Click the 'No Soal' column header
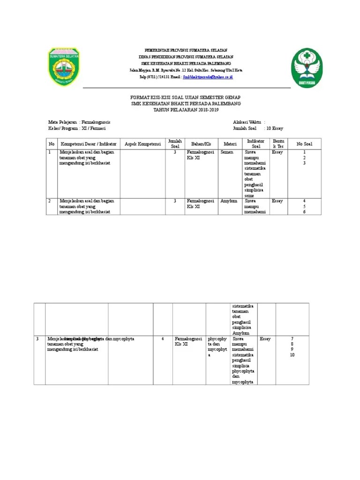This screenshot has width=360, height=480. (x=304, y=144)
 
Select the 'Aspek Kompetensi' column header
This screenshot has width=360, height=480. (x=142, y=144)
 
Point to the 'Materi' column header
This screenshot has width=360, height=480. (x=230, y=144)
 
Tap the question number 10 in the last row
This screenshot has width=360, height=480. (x=292, y=355)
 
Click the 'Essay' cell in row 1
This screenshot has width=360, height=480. (x=277, y=152)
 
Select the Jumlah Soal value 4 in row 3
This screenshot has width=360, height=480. (x=162, y=338)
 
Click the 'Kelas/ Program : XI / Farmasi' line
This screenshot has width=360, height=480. (x=77, y=128)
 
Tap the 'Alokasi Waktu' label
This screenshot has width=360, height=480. (x=247, y=121)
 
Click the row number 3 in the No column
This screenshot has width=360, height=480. (x=37, y=338)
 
